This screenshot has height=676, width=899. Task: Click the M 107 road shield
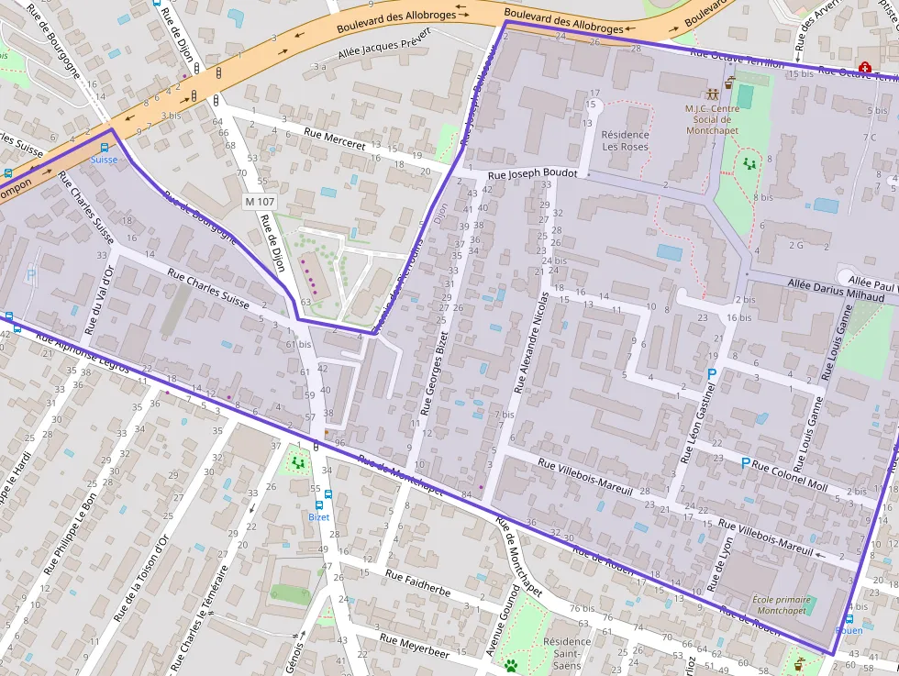pos(261,202)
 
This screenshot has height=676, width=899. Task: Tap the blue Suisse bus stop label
pos(104,160)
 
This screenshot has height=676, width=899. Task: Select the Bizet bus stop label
pos(318,517)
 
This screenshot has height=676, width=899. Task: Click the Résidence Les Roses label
pos(625,140)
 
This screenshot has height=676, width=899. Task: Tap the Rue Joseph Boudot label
pos(532,173)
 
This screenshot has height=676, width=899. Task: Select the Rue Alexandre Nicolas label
pos(532,343)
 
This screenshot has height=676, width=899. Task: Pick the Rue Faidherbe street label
pos(417,584)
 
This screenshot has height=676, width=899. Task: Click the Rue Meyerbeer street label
pos(415,647)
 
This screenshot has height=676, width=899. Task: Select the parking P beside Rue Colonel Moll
pos(745,464)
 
